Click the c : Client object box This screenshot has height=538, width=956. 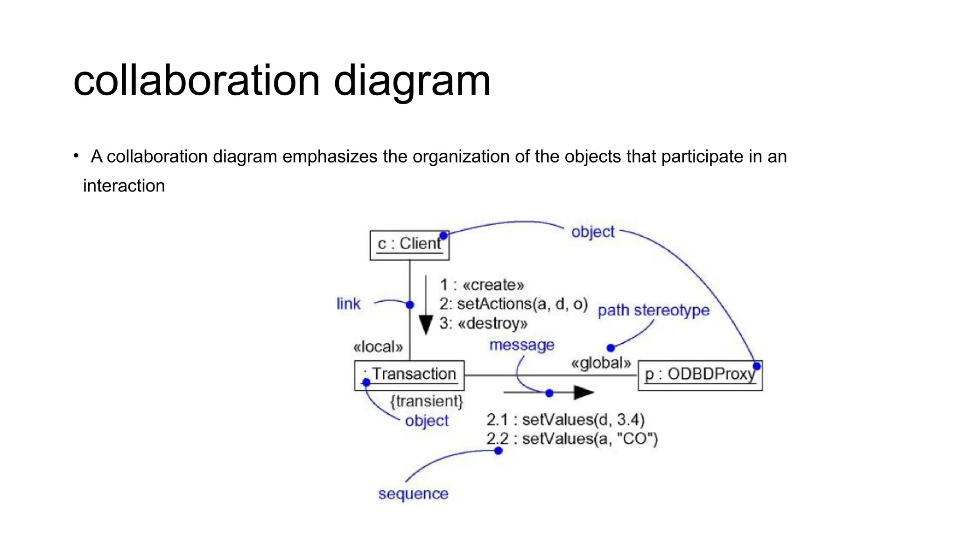coord(409,245)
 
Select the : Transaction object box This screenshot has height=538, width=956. coord(409,375)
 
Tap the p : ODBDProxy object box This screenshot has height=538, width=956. coord(700,375)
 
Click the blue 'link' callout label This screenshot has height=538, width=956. coord(348,304)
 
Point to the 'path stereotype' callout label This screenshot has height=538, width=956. coord(654,310)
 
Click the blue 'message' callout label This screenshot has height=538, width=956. coord(521,345)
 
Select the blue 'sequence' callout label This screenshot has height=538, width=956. coord(413,494)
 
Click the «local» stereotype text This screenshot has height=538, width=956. coord(378,347)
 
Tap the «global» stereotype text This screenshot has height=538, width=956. coord(601,363)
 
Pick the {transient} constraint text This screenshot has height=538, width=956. coord(426,401)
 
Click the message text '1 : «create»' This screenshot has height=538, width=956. coord(482,285)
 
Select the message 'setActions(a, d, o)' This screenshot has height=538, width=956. coord(513,304)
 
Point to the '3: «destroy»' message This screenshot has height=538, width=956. coord(484,323)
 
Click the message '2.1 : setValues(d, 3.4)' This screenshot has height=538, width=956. coord(565,419)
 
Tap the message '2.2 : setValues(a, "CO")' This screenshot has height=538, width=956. coord(572,439)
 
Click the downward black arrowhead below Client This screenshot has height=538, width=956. coord(425,325)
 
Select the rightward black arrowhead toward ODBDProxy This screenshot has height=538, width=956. coord(583,393)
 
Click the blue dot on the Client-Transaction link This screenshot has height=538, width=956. coord(410,305)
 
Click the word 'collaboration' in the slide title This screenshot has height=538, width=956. coord(197,81)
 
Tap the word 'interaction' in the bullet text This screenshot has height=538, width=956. coord(124,186)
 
